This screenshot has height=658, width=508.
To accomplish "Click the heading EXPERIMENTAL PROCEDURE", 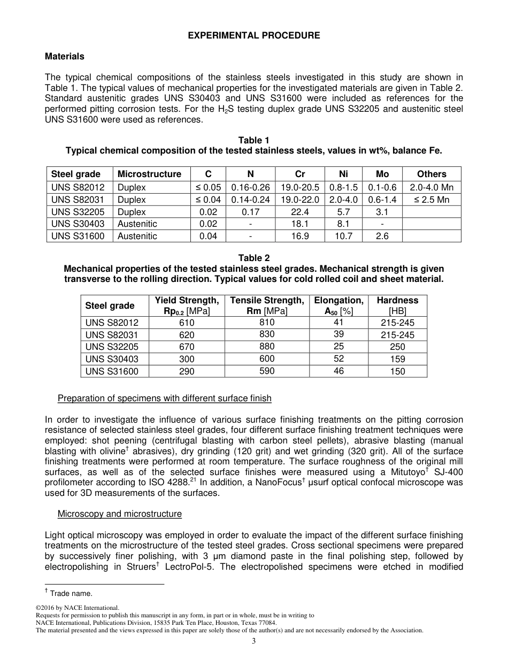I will point(254,35).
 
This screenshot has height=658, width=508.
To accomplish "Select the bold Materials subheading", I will point(64,56).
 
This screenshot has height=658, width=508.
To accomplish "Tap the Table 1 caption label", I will point(254,140).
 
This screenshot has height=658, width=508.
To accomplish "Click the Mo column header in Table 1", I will point(382,174).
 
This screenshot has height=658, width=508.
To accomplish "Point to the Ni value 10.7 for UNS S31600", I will point(343,236).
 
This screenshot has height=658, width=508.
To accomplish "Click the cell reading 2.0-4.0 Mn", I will point(432,187).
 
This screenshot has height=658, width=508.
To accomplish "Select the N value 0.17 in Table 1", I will point(250,212).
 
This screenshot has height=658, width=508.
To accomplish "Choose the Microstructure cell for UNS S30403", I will point(137,224).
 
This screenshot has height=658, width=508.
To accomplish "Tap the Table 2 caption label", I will point(254,258).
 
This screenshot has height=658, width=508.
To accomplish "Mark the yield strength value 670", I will point(187,347).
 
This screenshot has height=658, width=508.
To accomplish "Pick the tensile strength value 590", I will point(267,371).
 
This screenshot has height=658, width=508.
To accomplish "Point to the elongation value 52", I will point(338,359).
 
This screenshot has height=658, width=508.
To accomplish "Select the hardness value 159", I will point(397,359).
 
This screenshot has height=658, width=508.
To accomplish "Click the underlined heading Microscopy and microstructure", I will point(119,514).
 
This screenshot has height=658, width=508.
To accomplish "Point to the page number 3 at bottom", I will point(254,641).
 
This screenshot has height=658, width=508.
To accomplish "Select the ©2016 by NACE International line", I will point(76,608).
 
